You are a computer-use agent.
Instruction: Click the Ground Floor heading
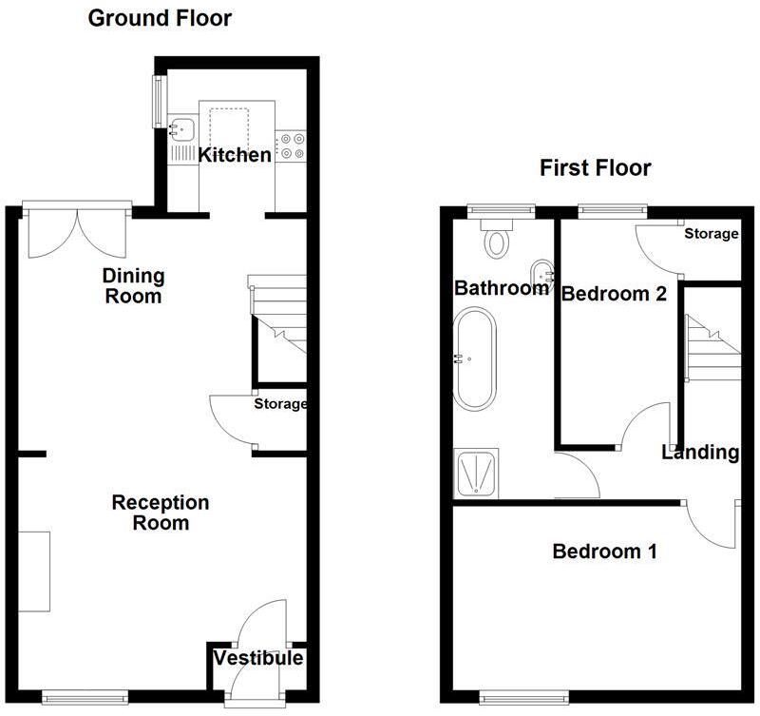coord(160,18)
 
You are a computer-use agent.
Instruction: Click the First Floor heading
coord(596,168)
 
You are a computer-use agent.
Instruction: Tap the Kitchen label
coord(234,154)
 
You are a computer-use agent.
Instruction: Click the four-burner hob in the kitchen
coord(291,145)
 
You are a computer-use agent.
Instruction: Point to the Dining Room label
coord(134,286)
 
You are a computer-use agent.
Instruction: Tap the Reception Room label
coord(147,513)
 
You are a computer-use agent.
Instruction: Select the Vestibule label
coord(258,658)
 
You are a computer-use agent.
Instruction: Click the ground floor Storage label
coord(280,404)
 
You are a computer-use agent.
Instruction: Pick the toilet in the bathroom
coord(496,238)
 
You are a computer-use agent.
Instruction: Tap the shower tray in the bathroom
coord(472,474)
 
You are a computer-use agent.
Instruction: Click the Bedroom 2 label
coord(613,294)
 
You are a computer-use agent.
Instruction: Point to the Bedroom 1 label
coord(605,551)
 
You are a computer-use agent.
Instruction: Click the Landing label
coord(701,453)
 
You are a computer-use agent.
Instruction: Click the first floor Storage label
coord(711,234)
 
